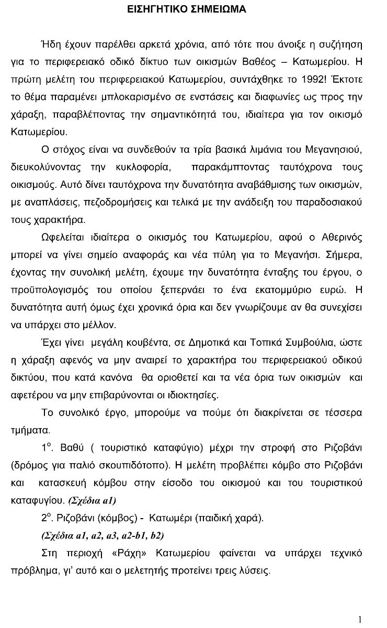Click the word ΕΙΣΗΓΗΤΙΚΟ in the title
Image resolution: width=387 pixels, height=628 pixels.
(158, 9)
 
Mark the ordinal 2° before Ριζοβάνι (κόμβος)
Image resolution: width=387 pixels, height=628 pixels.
(47, 518)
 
